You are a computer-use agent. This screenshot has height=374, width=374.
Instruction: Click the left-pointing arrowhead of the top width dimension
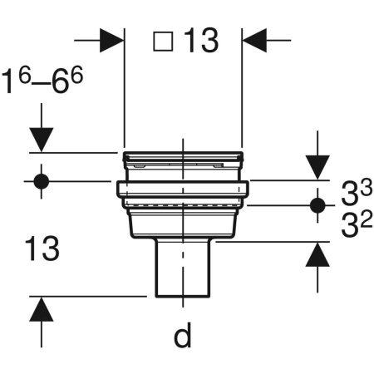[253, 39]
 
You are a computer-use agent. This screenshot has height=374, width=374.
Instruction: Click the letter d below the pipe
[182, 336]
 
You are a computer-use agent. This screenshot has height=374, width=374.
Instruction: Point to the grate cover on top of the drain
[182, 158]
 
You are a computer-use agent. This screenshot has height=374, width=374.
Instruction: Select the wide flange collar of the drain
[182, 191]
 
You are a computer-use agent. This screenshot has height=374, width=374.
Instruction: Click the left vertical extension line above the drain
[124, 91]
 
